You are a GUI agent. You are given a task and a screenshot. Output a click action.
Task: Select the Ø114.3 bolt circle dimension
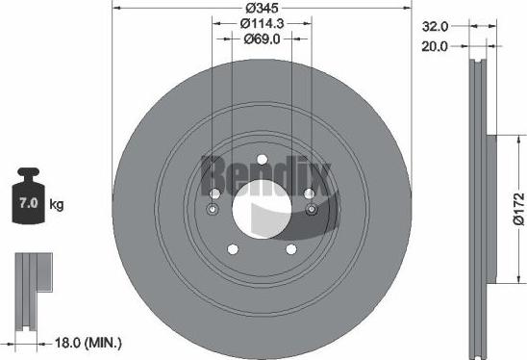click(x=261, y=23)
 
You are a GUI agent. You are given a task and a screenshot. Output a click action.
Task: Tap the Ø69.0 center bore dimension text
click(x=262, y=39)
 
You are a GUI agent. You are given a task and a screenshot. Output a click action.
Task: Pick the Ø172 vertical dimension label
click(x=517, y=208)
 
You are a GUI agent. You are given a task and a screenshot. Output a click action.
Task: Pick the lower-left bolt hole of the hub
click(x=231, y=249)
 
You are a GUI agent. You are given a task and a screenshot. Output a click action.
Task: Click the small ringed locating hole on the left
click(x=213, y=209)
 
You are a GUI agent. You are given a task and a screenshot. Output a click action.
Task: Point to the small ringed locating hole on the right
click(x=310, y=209)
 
